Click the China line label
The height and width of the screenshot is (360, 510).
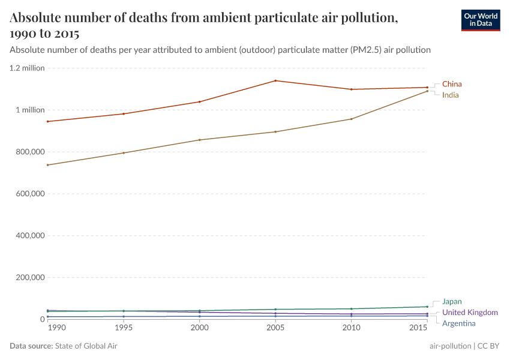point(452,84)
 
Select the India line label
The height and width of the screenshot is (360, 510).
point(451,95)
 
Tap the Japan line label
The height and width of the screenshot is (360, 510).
point(452,302)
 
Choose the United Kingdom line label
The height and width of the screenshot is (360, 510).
point(470,313)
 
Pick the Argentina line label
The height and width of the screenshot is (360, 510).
point(458,324)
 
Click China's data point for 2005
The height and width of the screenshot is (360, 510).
point(275,80)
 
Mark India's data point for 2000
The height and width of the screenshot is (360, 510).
point(199,140)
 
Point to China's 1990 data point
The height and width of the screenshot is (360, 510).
point(47,121)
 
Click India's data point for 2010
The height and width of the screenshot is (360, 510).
point(351,119)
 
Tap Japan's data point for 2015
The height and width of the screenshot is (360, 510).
point(427,307)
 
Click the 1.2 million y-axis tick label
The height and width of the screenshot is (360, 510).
point(27,68)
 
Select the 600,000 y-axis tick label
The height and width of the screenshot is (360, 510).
point(29,194)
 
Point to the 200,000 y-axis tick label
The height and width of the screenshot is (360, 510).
point(29,278)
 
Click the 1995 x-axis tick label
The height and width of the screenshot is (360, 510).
point(124,328)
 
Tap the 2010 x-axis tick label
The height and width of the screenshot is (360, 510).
point(351,328)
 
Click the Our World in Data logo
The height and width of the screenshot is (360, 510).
point(481,20)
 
